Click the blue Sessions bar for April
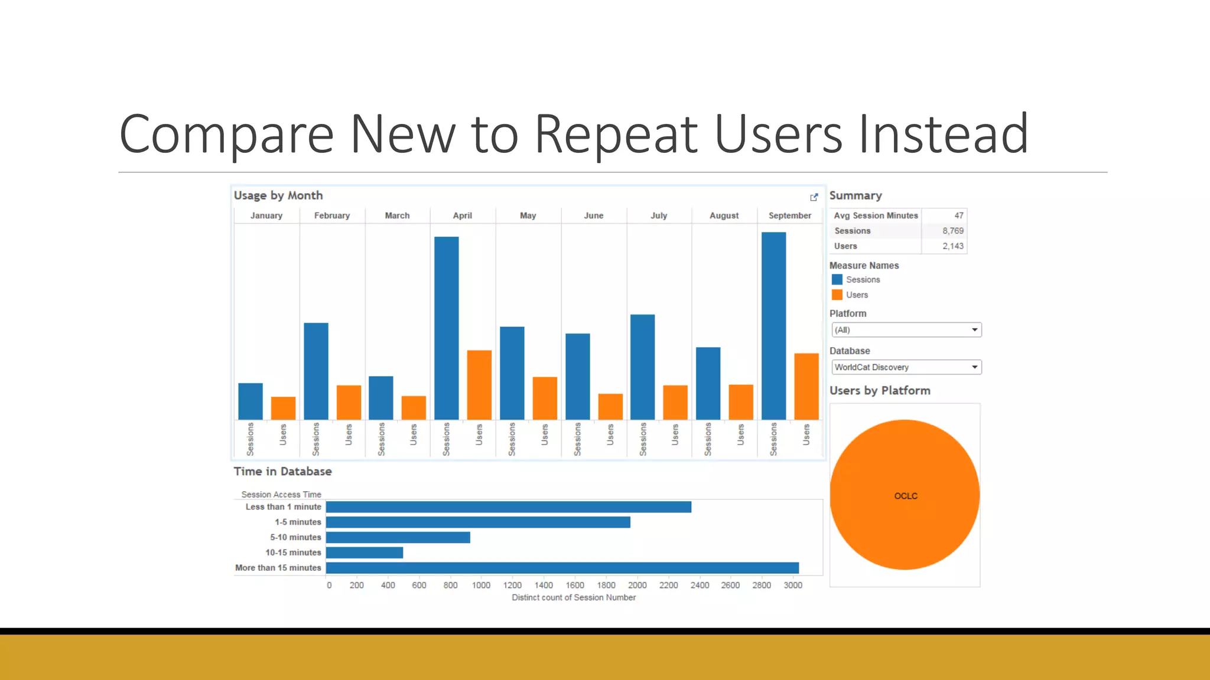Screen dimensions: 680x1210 point(446,328)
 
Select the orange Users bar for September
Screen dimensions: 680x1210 point(806,386)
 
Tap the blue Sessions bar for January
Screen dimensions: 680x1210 point(251,401)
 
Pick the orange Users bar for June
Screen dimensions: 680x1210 point(610,406)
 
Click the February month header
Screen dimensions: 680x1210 point(332,215)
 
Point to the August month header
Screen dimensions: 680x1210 point(724,215)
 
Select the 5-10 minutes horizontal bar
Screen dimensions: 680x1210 point(398,537)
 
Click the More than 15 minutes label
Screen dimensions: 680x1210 point(278,568)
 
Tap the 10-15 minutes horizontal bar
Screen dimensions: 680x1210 point(365,552)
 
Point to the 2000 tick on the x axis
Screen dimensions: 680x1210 point(637,585)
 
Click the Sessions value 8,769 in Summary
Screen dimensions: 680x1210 point(952,231)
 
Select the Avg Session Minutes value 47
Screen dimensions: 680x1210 point(958,215)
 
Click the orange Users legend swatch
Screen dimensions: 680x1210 point(837,295)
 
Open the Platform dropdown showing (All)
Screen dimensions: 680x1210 point(906,330)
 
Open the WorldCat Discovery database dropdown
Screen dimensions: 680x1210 point(906,367)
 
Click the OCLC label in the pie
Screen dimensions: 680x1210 point(906,496)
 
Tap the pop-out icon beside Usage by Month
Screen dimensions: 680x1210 point(814,197)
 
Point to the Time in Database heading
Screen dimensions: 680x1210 point(282,472)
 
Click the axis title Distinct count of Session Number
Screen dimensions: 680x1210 point(573,597)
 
